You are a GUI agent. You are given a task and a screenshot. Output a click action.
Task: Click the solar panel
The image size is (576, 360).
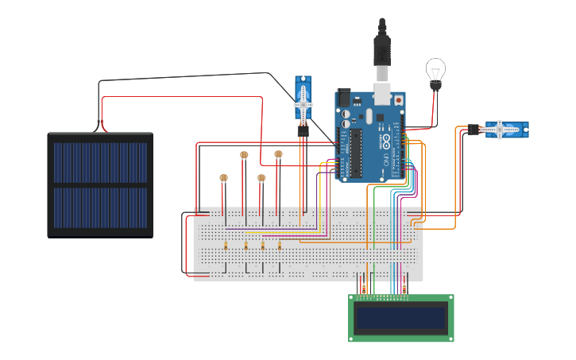click(100, 184)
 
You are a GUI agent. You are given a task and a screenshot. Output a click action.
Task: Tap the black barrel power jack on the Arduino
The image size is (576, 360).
click(343, 99)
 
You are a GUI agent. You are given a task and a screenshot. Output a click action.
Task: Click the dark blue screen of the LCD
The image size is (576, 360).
click(400, 319)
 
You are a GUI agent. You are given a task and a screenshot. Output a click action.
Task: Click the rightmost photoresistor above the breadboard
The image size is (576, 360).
click(278, 154)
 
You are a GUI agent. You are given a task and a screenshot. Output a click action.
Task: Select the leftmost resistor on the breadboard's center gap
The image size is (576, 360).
click(226, 246)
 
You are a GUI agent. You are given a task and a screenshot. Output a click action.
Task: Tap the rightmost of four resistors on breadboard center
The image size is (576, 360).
click(280, 246)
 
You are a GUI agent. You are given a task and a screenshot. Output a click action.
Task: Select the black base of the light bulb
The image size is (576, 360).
click(435, 84)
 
